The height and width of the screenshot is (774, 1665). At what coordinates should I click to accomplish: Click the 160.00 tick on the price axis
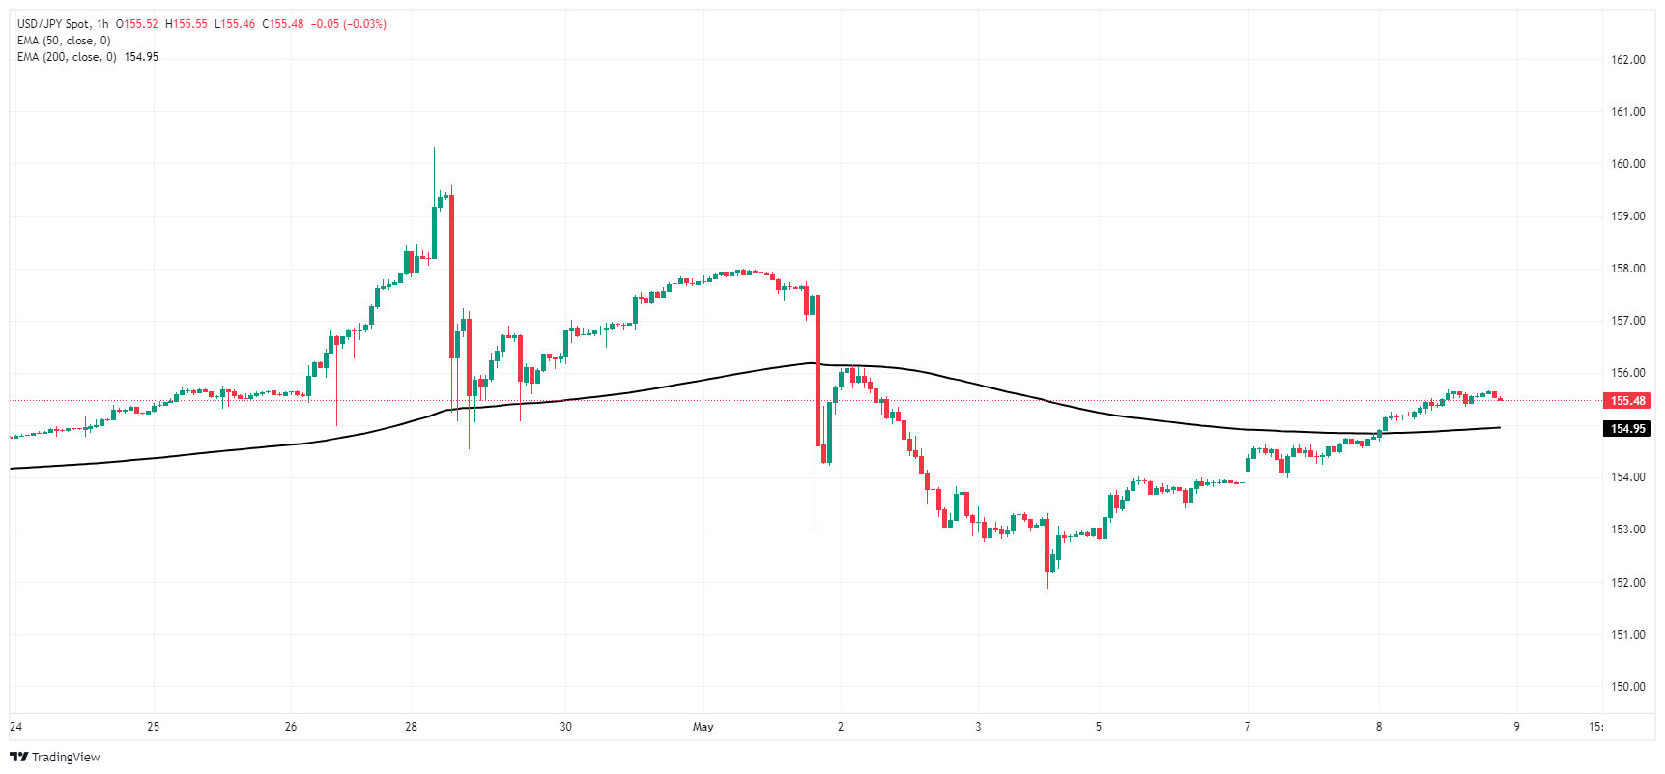[1627, 164]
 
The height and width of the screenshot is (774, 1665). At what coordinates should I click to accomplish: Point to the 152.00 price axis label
[1627, 583]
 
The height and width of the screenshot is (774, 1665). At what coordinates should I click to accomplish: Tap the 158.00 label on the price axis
[1627, 269]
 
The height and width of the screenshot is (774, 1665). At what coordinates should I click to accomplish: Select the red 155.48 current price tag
[1627, 401]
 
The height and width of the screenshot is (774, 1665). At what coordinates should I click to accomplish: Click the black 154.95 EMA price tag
[1627, 429]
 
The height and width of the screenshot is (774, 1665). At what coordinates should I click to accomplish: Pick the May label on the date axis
[703, 727]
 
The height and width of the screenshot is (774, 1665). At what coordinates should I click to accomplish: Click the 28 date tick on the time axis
[412, 727]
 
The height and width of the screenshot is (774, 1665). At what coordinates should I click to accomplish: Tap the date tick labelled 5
[1099, 727]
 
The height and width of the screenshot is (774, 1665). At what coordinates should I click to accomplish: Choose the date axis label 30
[566, 727]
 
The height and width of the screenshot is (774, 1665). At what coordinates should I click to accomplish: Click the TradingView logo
[55, 757]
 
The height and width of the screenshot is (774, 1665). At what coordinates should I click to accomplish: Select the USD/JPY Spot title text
[54, 24]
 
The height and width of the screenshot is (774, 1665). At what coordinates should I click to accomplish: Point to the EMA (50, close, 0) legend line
[64, 41]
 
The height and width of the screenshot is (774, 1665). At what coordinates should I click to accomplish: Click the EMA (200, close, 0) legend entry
[67, 57]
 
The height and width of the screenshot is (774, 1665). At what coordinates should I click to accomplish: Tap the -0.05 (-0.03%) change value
[348, 24]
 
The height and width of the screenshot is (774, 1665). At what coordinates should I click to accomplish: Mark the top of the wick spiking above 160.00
[434, 149]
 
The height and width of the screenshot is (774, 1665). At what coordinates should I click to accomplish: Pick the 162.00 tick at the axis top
[1627, 60]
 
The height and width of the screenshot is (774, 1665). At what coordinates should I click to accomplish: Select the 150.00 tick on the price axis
[1627, 687]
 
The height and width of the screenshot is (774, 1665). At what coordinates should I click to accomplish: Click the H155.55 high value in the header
[187, 24]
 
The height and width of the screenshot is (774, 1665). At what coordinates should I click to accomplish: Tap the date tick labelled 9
[1516, 727]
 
